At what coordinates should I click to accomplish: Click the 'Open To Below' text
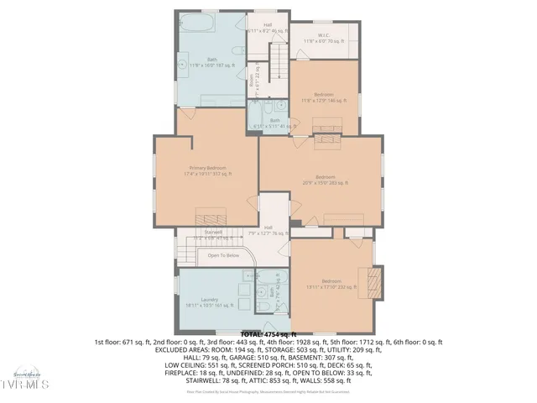pyautogui.click(x=224, y=255)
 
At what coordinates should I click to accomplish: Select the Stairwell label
pyautogui.click(x=213, y=233)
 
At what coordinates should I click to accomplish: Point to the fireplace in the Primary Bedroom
pyautogui.click(x=206, y=213)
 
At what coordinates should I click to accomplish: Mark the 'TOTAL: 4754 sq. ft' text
pyautogui.click(x=268, y=334)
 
